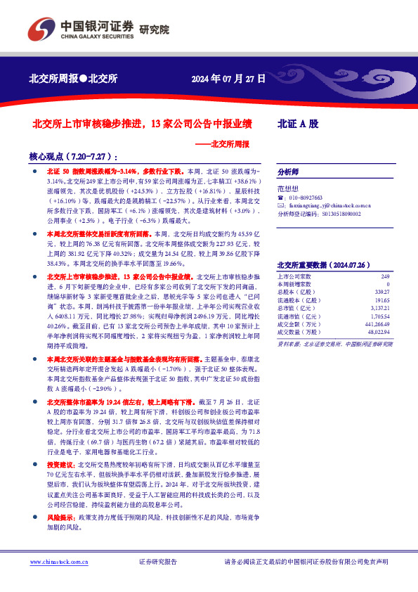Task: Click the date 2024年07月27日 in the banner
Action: [x=229, y=79]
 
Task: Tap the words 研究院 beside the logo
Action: [x=155, y=30]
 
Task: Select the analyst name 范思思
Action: [x=288, y=189]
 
